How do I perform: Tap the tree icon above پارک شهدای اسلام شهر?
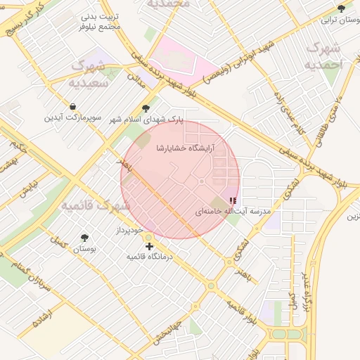[x=146, y=108]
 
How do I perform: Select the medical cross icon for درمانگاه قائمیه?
[x=149, y=246]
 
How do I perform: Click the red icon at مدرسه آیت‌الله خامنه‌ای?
[x=233, y=201]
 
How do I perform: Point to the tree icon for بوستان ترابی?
[x=341, y=8]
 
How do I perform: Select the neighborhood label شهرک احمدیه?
[x=323, y=56]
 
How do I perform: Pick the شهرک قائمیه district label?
[x=95, y=205]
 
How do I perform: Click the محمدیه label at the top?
[x=169, y=4]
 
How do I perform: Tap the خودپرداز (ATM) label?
[x=129, y=231]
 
